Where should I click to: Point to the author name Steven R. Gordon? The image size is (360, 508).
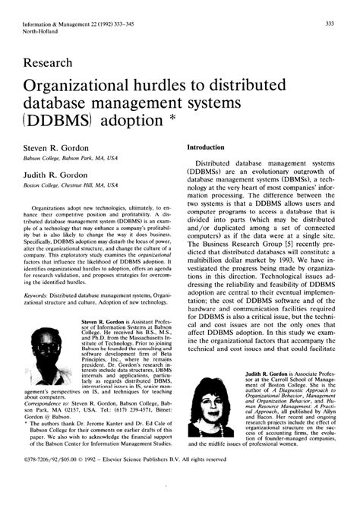[x=56, y=147]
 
